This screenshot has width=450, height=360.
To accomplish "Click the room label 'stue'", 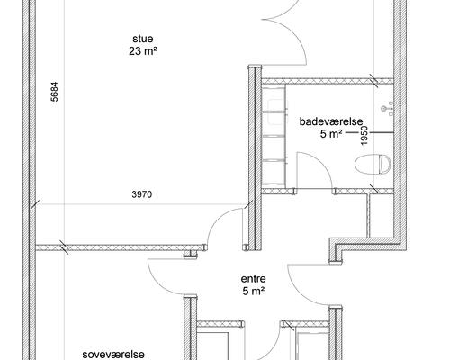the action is pos(143,39).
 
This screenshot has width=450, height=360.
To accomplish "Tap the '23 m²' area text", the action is pos(143,51).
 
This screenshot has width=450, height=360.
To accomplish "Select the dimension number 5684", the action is pos(54,92).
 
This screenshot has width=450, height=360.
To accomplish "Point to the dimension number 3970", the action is pos(142,194).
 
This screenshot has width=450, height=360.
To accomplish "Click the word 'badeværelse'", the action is pos(331,121).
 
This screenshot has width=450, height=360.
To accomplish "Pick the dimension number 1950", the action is pos(364,136).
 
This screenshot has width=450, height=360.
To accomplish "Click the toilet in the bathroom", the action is pos(373,165).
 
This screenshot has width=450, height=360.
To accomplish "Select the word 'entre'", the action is pos(253,279).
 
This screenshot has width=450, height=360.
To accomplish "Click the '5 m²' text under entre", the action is pos(254,291).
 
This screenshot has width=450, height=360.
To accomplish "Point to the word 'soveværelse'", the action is pos(113,355).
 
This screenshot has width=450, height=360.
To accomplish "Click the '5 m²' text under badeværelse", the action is pos(331,134).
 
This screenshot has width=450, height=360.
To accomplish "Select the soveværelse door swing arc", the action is pos(159,282).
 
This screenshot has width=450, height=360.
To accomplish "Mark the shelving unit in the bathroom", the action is pos(274,137).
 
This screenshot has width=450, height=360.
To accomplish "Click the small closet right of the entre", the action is pos(381,216).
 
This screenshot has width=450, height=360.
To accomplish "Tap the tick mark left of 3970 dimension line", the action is pos(35,204).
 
